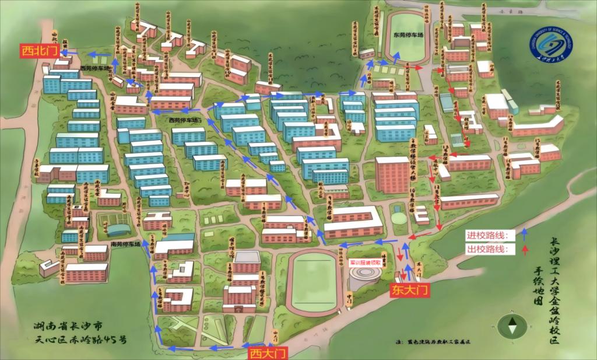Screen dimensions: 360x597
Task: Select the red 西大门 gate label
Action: tap(268, 352)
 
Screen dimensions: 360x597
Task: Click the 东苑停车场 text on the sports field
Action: tap(407, 34)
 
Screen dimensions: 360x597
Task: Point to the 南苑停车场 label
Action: tap(125, 244)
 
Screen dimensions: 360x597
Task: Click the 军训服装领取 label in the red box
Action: tap(365, 263)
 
